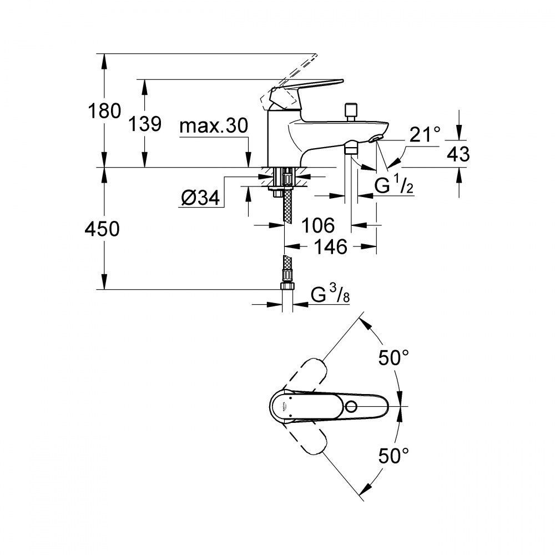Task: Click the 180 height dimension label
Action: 105,111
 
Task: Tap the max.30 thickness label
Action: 213,127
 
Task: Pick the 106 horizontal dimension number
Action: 319,225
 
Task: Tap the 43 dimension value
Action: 458,153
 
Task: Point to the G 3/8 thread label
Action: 331,295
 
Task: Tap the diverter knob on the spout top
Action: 350,110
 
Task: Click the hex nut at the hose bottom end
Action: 288,285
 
